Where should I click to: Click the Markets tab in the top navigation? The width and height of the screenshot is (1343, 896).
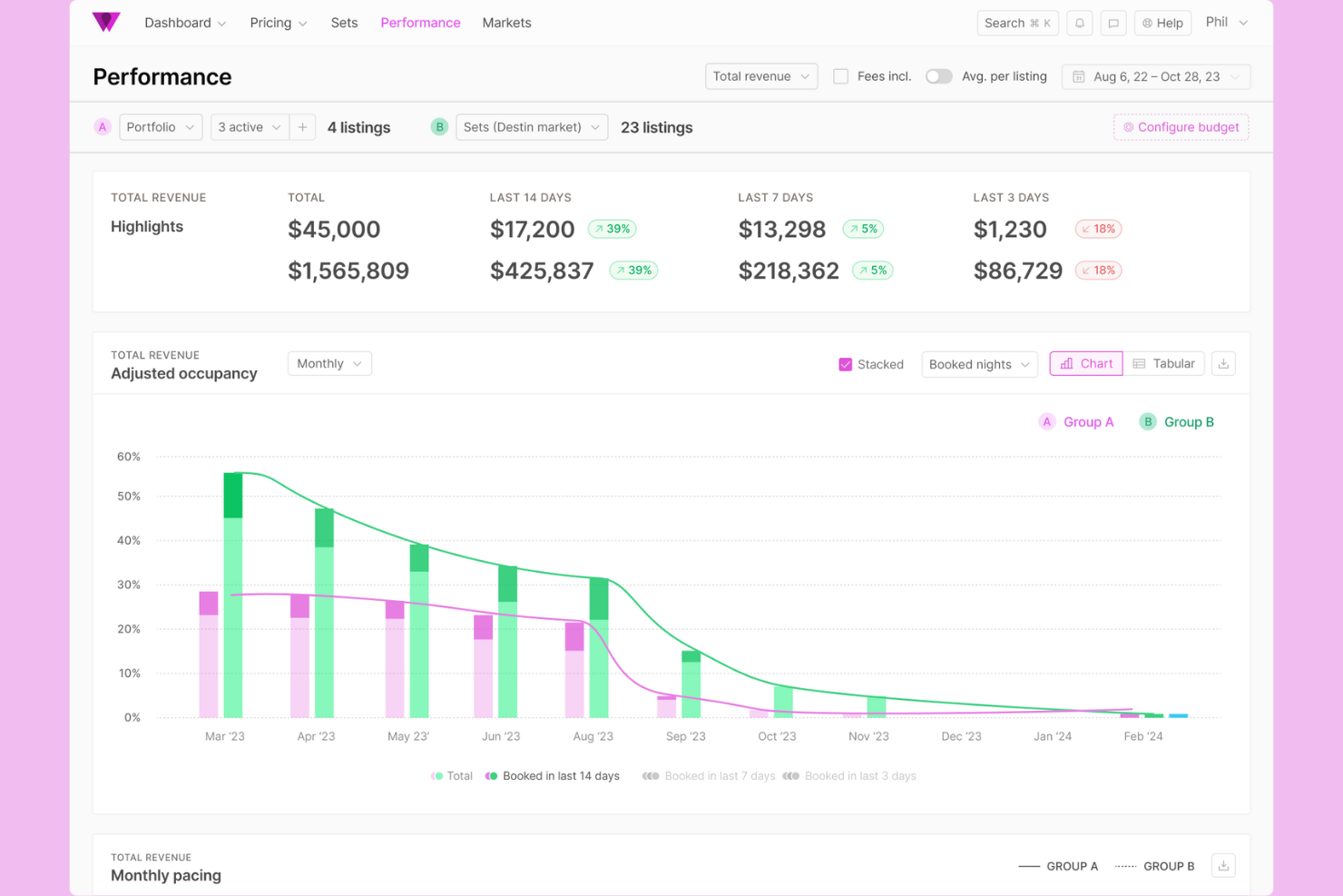tap(506, 23)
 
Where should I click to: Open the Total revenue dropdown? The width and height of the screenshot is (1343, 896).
tap(760, 76)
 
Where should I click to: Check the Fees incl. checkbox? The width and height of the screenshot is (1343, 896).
tap(841, 76)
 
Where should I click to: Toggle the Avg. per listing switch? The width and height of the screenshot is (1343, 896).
tap(938, 76)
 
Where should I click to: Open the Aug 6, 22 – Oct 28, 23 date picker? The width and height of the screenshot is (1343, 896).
tap(1155, 76)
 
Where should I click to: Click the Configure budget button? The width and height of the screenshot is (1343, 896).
tap(1181, 127)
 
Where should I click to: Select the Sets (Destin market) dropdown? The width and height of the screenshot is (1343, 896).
tap(531, 127)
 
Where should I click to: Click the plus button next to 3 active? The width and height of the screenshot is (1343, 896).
tap(302, 127)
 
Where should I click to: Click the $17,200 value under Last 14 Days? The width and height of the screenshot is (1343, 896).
tap(532, 230)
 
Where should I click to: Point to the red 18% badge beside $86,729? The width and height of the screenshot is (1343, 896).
tap(1098, 271)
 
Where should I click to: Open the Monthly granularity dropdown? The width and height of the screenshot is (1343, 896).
tap(328, 363)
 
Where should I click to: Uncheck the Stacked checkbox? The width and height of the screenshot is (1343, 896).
tap(845, 364)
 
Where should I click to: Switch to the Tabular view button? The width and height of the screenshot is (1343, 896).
tap(1163, 363)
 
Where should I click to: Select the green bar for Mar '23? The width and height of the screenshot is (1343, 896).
tap(233, 599)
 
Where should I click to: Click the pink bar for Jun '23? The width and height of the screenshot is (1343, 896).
tap(483, 667)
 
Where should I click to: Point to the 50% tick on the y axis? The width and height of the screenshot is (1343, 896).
tap(129, 497)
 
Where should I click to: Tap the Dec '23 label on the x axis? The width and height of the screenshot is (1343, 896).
tap(960, 736)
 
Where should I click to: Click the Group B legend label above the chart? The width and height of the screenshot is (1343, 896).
tap(1188, 422)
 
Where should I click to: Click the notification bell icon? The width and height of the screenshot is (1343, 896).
tap(1079, 23)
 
